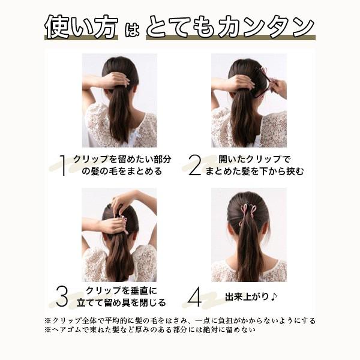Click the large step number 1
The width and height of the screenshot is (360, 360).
[63, 166]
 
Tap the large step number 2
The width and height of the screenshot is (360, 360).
[194, 166]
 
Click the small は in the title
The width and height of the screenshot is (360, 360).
[132, 29]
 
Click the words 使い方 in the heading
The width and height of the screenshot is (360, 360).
[82, 26]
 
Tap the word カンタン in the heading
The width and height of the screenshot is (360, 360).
[266, 26]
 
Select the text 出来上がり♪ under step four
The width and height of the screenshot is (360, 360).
[251, 297]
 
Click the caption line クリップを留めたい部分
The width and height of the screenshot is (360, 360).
[122, 160]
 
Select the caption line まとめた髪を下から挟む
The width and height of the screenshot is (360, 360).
[254, 171]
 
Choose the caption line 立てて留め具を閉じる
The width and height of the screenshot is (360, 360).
[121, 302]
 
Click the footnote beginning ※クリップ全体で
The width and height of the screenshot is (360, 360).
[180, 320]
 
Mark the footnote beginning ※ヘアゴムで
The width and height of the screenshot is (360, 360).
[150, 330]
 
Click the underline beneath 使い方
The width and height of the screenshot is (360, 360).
[81, 37]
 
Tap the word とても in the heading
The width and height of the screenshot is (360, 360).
[181, 26]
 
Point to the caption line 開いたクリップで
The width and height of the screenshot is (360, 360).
[254, 160]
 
